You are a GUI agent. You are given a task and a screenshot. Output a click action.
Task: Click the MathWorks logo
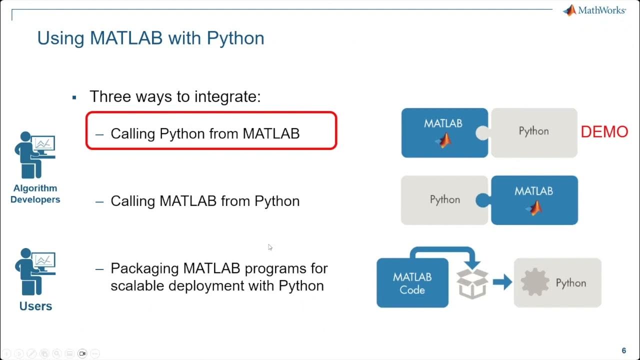point(594,10)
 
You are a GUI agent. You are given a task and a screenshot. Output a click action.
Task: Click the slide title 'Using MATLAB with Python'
point(150,38)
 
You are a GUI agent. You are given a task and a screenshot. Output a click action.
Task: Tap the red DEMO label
point(604,132)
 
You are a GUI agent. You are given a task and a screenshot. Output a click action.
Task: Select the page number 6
point(623,350)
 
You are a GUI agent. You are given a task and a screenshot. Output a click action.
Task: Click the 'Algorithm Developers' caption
point(35,194)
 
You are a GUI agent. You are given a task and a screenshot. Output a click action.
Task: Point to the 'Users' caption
point(35,306)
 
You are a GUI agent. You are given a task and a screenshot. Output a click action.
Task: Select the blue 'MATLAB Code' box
point(412,283)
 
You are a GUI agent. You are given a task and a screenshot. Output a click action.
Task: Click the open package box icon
point(472,283)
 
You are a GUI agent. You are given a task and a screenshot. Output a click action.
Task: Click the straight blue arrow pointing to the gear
point(502,282)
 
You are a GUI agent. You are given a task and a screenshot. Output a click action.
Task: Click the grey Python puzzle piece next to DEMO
point(534,131)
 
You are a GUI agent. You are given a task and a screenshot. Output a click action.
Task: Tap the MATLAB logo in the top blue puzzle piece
point(443,141)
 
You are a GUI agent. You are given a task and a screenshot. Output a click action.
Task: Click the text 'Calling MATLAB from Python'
point(205,201)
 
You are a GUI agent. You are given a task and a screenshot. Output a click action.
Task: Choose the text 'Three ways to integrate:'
point(175,96)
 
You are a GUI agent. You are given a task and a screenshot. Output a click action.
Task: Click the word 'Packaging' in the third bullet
point(144,268)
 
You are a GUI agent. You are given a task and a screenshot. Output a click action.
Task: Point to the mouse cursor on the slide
point(270,247)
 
